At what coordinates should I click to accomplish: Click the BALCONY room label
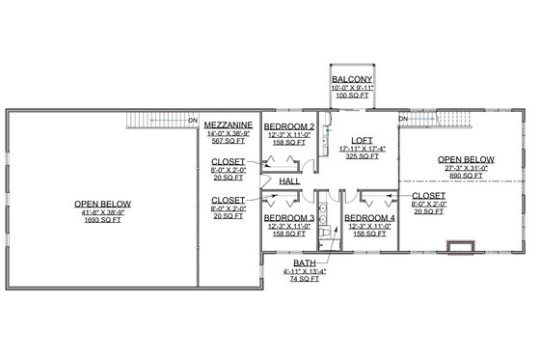(351, 79)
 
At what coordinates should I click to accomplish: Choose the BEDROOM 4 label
(370, 218)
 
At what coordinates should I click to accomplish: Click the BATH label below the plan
(306, 262)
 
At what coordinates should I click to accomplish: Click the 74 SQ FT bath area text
(306, 279)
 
